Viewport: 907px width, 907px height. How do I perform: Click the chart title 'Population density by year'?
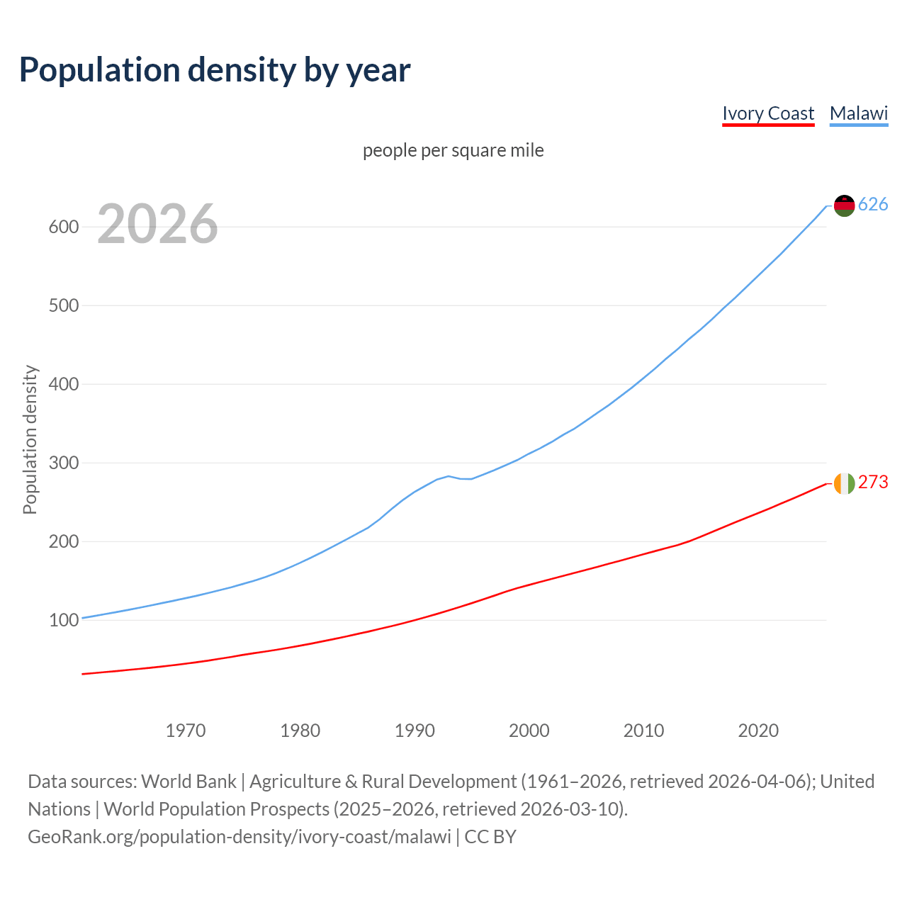215,69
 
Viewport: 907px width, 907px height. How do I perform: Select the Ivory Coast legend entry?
768,113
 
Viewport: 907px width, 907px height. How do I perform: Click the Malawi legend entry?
859,113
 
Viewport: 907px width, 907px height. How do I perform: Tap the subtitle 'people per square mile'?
453,150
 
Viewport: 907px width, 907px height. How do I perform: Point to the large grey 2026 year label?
157,224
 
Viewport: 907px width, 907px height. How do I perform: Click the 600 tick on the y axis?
63,227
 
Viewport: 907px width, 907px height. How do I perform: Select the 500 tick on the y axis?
63,306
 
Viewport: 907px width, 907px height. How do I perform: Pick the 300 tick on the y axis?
63,463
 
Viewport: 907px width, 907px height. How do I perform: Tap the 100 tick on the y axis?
63,621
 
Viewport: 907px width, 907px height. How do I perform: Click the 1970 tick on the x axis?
186,731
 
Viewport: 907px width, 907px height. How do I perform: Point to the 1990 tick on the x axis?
415,731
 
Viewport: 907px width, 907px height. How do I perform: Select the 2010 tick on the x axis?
643,731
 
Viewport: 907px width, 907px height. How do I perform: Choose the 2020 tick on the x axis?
758,731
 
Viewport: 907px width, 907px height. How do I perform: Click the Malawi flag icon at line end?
844,205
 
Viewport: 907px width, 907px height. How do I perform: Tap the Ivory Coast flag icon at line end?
844,483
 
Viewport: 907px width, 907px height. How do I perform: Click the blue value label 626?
873,205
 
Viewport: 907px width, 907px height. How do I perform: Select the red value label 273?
873,483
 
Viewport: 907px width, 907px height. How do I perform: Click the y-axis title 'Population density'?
30,439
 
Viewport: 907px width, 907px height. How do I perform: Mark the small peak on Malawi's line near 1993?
449,476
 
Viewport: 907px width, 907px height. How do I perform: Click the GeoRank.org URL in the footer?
240,837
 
